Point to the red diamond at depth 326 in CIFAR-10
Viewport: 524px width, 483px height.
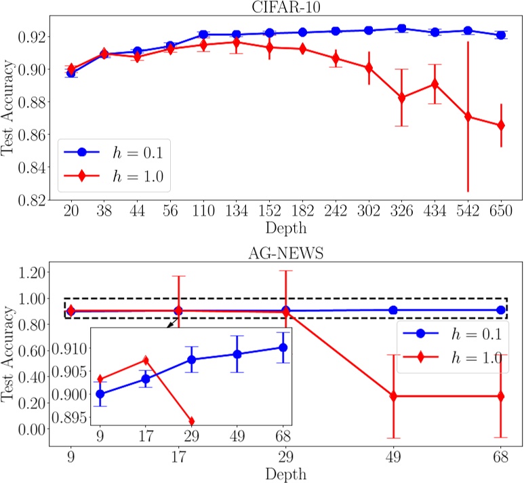point(401,98)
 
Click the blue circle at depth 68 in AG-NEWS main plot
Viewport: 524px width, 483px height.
point(501,310)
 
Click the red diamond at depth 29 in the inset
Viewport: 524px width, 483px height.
point(191,421)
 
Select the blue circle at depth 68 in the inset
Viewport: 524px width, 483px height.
point(283,347)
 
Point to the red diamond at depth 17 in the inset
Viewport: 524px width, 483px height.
point(146,360)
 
